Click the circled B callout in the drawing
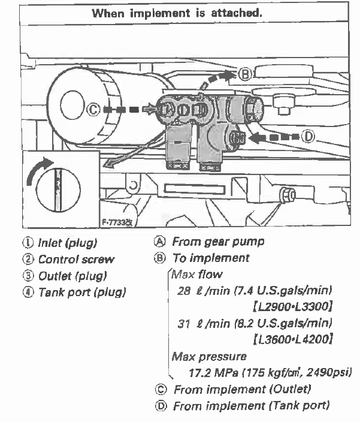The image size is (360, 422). coord(244,74)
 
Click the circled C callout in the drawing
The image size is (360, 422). coord(93,110)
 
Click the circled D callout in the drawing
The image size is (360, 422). coord(308,137)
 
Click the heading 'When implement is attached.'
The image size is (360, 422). coord(179,13)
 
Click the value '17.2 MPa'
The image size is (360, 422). coord(210,372)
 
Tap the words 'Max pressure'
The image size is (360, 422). coord(201,356)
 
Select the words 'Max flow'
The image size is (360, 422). coord(196,275)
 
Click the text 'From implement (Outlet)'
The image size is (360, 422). coord(242,389)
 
